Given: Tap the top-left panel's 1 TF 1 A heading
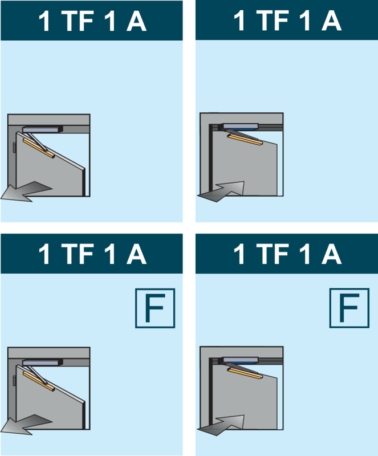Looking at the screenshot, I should pos(92,21).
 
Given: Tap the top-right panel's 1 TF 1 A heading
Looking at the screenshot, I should pos(287,21).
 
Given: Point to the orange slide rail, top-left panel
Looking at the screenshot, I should pos(39,146).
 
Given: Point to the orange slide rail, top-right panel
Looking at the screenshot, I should pos(245,139).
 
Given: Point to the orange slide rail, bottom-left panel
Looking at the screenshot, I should pos(39,380).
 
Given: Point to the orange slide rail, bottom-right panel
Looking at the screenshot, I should pos(245,373).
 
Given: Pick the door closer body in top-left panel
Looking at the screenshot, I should pos(41,130).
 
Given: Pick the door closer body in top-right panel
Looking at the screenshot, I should pos(240,125).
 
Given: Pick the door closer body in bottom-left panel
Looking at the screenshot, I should pos(41,364).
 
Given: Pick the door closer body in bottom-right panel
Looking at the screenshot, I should pos(240,359).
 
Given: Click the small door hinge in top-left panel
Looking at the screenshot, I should pos(14,147).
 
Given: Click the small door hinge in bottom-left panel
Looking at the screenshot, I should pos(14,381).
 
